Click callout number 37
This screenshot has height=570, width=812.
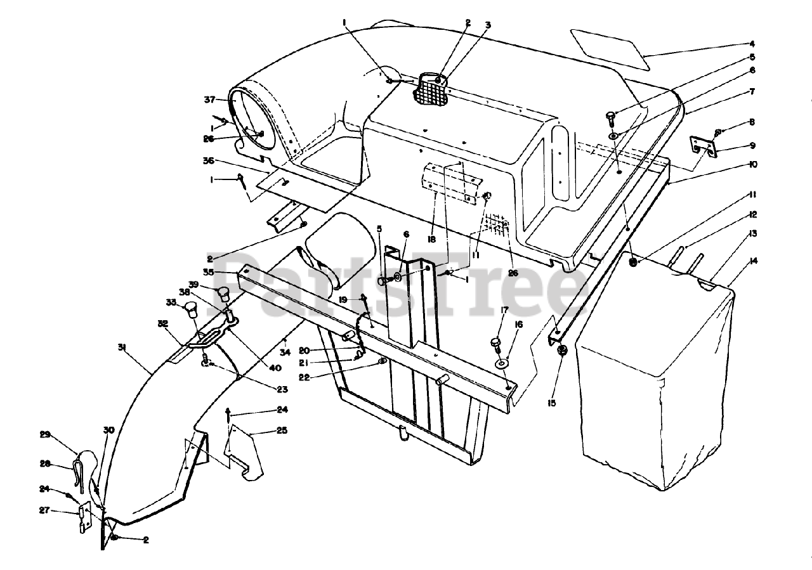[210, 100]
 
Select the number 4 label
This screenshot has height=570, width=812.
[752, 44]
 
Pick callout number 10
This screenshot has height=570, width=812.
[752, 164]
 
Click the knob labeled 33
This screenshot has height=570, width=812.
[191, 311]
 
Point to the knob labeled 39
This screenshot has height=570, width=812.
[223, 293]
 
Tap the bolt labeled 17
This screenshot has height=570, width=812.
[495, 344]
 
